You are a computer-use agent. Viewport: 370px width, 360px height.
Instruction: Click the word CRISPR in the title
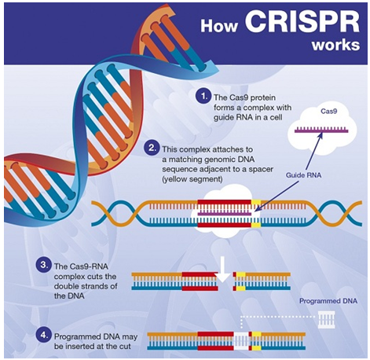[x=302, y=22]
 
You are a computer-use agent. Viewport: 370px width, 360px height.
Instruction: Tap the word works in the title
[x=335, y=45]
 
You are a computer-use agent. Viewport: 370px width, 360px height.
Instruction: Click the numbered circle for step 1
[x=203, y=97]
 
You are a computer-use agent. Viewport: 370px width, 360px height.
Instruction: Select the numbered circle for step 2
[x=152, y=148]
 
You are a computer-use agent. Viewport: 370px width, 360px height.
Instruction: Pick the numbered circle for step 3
[x=43, y=265]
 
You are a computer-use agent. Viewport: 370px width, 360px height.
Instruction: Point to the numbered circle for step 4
[x=43, y=335]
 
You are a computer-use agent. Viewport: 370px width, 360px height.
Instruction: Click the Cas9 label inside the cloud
[x=329, y=112]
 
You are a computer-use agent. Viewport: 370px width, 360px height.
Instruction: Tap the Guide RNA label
[x=303, y=175]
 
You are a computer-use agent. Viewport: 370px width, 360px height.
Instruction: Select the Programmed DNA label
[x=328, y=301]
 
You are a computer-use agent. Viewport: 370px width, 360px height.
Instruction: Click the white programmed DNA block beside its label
[x=326, y=320]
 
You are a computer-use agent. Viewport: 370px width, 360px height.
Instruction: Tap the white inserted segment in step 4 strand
[x=241, y=341]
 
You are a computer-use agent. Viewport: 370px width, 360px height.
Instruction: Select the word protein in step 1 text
[x=263, y=97]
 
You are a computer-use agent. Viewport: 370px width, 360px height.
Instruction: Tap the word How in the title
[x=219, y=26]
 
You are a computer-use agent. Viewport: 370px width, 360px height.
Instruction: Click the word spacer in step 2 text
[x=260, y=170]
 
